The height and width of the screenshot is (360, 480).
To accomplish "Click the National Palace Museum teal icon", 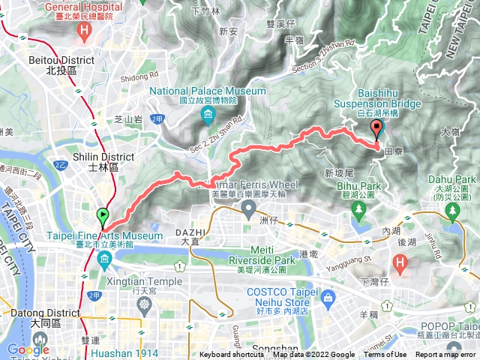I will coord(207,115).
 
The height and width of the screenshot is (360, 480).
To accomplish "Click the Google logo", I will coord(28,349).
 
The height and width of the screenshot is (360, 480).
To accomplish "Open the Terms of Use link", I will coord(385,355).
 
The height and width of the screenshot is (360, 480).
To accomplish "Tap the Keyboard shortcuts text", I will coord(232,355).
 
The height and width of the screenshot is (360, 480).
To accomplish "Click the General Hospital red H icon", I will coord(84,31).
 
